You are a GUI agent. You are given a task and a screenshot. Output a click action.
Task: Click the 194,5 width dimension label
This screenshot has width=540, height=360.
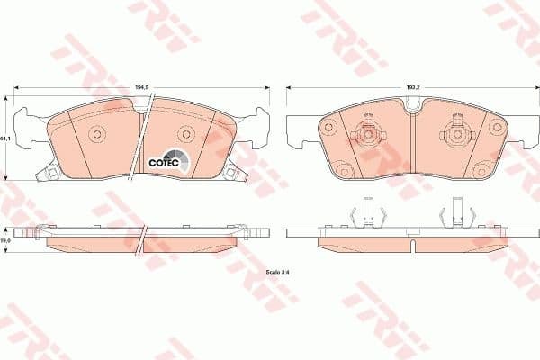coord(141,86)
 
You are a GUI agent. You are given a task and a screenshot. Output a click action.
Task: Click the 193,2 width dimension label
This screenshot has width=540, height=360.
coord(414,86)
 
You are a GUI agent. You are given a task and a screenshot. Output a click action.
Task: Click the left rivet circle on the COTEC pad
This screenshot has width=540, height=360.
coord(97,135)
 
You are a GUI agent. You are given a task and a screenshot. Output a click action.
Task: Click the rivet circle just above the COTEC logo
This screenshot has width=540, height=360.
coord(185,135)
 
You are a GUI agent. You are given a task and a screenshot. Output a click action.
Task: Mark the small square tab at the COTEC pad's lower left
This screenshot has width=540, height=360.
coord(50,173)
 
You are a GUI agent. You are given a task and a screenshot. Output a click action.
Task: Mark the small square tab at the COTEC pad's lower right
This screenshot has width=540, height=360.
coord(231,173)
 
